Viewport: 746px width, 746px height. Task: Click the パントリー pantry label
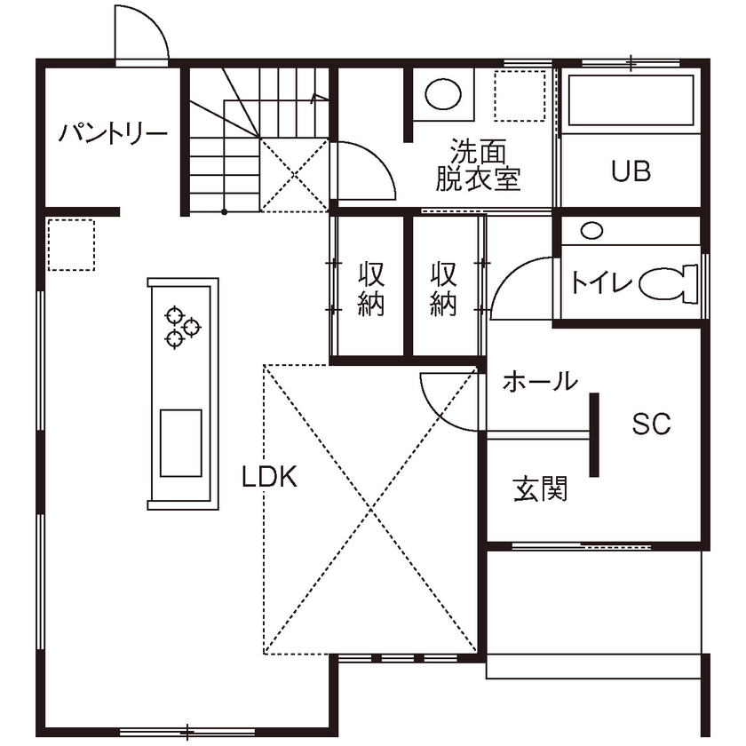click(113, 135)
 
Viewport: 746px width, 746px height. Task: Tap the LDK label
click(270, 477)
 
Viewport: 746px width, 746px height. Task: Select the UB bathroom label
click(631, 171)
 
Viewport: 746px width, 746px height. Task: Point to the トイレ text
click(602, 283)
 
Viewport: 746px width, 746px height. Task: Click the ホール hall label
click(539, 383)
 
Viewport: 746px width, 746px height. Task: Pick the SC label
click(650, 425)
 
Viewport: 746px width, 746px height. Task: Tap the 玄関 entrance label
click(540, 488)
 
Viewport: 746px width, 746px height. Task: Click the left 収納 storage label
click(370, 288)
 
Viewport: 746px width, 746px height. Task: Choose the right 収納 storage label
click(443, 288)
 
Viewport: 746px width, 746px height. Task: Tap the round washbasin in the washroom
click(441, 92)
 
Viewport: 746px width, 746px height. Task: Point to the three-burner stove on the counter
click(182, 325)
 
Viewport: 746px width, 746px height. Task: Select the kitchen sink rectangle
click(180, 442)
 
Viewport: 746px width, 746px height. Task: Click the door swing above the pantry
click(142, 36)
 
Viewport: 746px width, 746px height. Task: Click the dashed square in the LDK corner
click(70, 246)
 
